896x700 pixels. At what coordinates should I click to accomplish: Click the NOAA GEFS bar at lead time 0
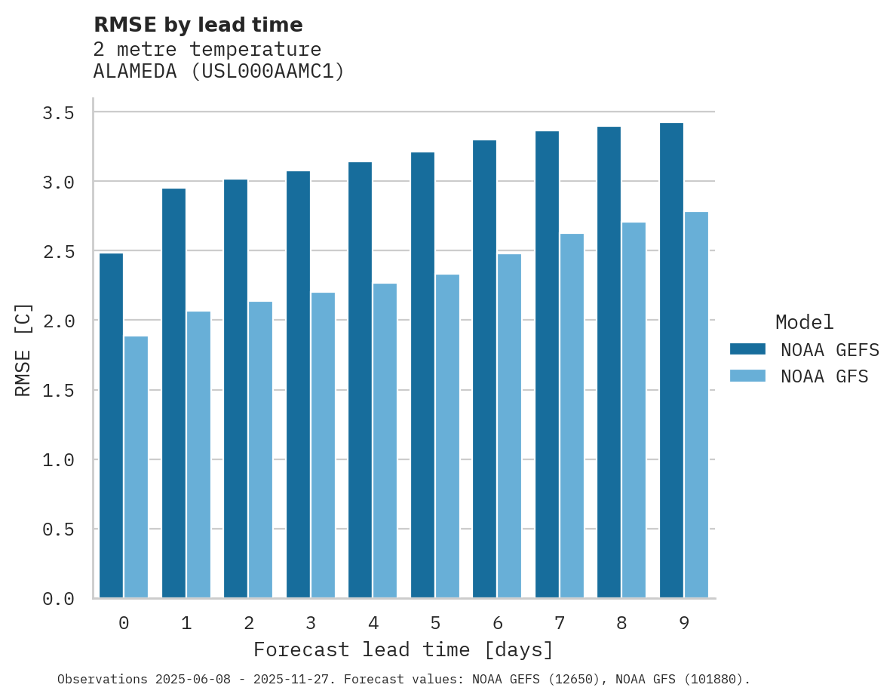(111, 425)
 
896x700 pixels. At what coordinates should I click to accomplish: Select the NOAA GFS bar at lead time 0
(136, 467)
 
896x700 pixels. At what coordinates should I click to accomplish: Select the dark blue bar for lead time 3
(298, 385)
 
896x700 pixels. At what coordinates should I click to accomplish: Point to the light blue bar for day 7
(572, 416)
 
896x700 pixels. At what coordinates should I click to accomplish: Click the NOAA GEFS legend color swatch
(747, 349)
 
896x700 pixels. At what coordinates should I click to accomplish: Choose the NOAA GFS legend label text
(824, 376)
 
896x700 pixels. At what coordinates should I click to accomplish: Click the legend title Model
(804, 322)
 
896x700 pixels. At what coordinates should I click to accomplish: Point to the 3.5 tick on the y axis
(58, 113)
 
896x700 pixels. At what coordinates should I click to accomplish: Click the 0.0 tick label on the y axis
(58, 599)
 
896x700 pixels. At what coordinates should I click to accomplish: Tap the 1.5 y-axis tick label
(58, 391)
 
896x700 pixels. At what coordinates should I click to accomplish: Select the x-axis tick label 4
(373, 623)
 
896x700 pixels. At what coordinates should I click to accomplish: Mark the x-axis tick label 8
(621, 623)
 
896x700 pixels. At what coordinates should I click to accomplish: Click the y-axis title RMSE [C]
(24, 349)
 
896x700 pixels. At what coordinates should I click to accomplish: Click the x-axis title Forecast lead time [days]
(404, 649)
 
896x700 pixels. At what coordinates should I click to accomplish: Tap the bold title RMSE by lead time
(198, 25)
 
